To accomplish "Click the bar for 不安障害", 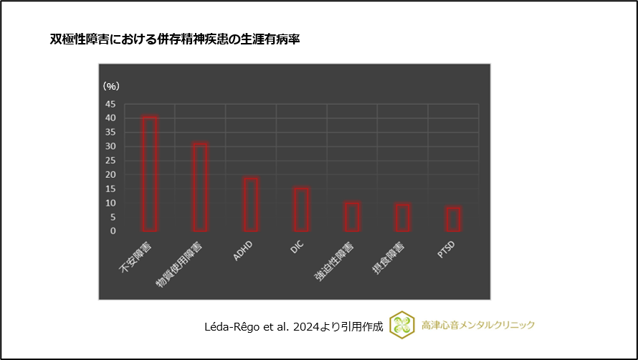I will pos(150,174).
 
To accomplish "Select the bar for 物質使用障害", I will pos(200,187).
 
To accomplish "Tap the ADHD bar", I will pos(251,204).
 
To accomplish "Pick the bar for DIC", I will pos(301,209).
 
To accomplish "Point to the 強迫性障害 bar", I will pos(352,217).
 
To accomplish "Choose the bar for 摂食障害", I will pos(402,217).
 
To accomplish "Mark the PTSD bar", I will pos(453,219).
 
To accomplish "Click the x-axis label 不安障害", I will pos(135,259).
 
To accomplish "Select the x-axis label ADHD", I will pos(244,251).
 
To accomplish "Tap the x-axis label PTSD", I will pos(447,251).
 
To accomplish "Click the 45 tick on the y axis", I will pos(110,104).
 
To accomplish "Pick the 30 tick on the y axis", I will pos(110,146).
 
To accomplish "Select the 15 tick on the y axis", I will pos(110,189).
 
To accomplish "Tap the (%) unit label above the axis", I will pos(111,86).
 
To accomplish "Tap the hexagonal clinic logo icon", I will pos(402,325).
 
